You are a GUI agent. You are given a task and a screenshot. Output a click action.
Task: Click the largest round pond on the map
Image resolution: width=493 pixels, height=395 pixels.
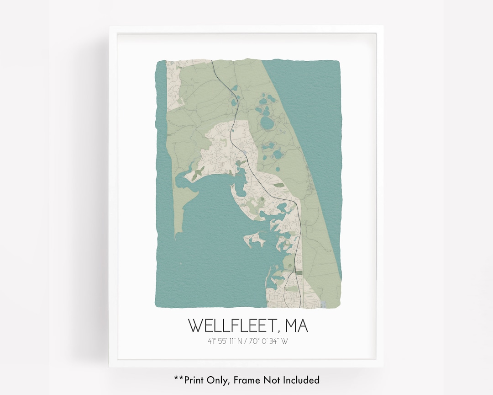point(266,122)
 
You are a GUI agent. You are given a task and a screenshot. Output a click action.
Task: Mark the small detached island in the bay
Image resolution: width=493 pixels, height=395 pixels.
point(256,239)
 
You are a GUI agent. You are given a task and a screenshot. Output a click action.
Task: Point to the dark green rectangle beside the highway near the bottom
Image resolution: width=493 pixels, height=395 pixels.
point(299,273)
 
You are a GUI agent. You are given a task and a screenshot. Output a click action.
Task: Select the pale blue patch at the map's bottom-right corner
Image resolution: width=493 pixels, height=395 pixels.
point(324,304)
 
